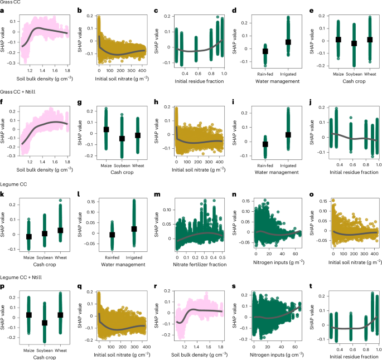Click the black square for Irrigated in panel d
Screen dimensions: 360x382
[288, 42]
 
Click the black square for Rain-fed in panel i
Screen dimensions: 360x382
[265, 144]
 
